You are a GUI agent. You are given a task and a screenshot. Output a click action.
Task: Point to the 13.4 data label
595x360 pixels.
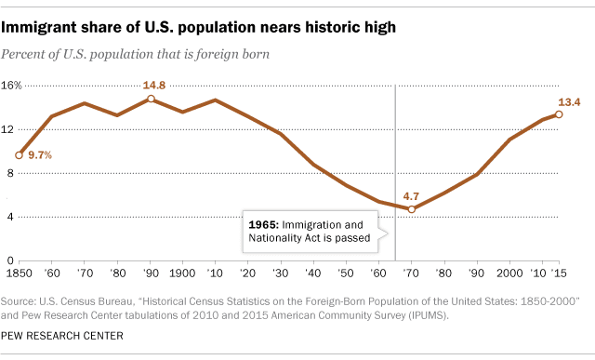[x=569, y=101]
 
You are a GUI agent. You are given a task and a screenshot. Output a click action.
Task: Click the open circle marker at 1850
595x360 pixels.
[x=19, y=154]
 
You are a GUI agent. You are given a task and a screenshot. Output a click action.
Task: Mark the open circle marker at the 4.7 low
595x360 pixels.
[x=412, y=209]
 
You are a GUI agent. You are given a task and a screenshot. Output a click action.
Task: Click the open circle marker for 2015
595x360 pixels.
[x=559, y=114]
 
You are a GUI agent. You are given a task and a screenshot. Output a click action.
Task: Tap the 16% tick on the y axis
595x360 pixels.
[x=11, y=85]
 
